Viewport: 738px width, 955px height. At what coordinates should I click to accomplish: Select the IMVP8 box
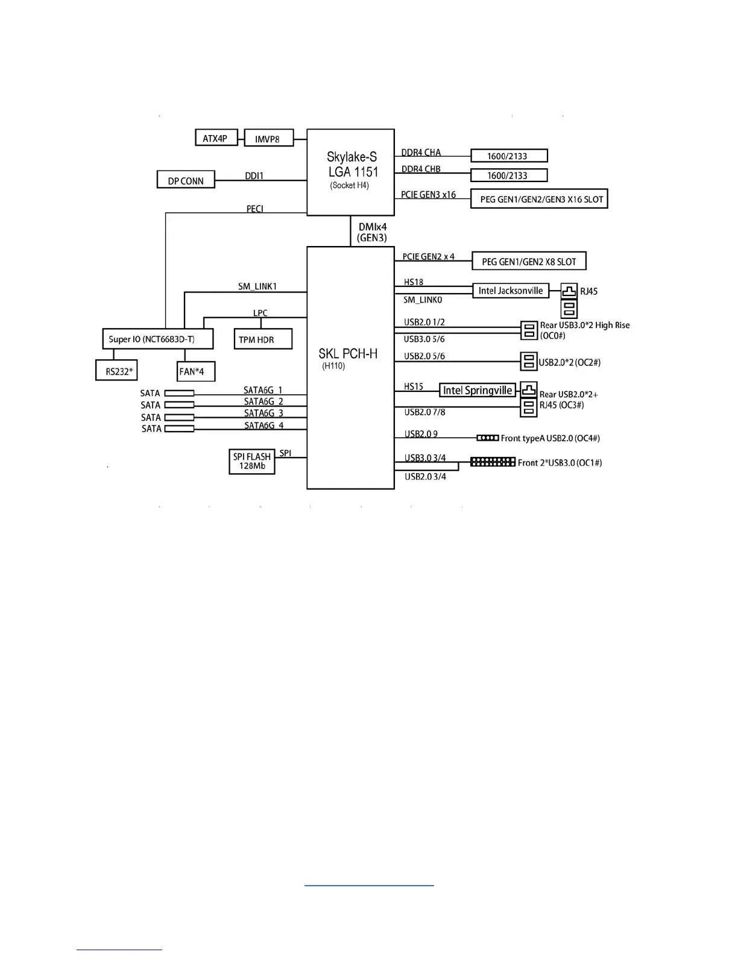pos(268,139)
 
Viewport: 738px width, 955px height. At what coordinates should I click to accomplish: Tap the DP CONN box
pos(186,180)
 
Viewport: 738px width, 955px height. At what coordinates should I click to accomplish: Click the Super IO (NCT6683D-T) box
pos(157,339)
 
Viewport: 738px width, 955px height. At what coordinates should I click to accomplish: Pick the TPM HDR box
pos(262,339)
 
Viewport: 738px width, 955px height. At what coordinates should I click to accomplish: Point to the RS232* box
pos(119,371)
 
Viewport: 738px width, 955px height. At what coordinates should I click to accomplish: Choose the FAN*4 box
pos(195,371)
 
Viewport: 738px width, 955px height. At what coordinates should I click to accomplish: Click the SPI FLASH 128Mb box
pos(251,461)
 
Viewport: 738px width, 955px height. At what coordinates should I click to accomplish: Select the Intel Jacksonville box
pos(511,291)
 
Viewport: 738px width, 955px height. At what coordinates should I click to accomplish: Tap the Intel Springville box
pos(478,390)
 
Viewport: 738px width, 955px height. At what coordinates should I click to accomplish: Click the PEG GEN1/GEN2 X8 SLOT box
pos(529,261)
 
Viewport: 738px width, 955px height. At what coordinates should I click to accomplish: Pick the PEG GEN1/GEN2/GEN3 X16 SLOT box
pos(539,199)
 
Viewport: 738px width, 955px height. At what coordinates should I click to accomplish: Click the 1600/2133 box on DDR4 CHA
pos(508,156)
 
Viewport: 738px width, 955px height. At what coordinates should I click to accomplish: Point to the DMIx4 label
pos(372,227)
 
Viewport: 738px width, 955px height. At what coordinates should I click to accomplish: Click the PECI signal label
pos(255,209)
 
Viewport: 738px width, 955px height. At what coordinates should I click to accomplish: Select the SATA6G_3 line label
pos(263,413)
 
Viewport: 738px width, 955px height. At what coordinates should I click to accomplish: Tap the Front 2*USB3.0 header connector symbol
pos(493,462)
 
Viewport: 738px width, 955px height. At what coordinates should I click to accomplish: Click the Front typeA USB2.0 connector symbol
pos(487,438)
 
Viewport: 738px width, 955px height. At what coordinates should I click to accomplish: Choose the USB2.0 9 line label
pos(421,433)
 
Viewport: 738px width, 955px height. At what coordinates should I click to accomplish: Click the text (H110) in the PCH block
pos(333,366)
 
